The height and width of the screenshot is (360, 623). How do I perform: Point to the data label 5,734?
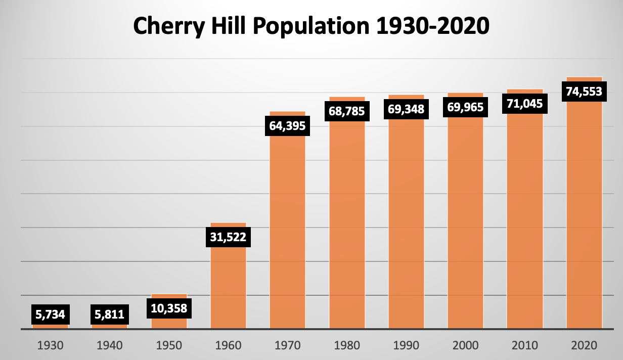[x=50, y=314]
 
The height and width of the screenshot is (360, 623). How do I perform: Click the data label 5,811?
[x=109, y=314]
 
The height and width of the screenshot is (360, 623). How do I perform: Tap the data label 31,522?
[x=228, y=237]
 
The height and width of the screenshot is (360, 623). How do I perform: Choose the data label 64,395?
[x=287, y=125]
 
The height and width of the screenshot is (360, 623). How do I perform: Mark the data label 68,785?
[x=346, y=111]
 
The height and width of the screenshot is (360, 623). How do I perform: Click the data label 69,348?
[x=406, y=109]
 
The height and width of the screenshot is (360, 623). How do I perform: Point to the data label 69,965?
[x=465, y=107]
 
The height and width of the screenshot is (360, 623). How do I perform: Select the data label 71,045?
[x=524, y=104]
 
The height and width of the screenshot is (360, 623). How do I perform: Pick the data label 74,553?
[x=584, y=92]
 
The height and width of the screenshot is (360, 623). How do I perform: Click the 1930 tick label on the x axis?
[x=50, y=346]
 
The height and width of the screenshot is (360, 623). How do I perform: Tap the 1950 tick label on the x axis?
[x=169, y=346]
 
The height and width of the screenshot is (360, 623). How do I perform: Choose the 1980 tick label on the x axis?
[x=346, y=346]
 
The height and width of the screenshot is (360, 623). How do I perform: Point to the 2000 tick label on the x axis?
[x=465, y=346]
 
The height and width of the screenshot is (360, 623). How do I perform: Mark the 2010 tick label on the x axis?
[x=524, y=346]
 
